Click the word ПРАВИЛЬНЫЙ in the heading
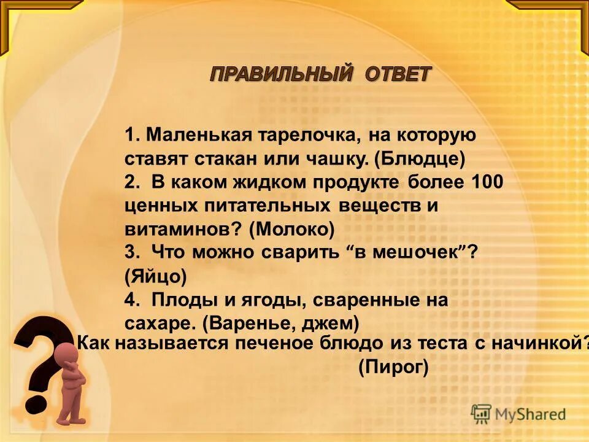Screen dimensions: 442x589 point(282,74)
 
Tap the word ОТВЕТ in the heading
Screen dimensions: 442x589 point(398,74)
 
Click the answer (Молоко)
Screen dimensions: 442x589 point(292,229)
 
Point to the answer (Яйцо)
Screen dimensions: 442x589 point(155,276)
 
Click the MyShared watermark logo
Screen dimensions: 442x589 point(518,414)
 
